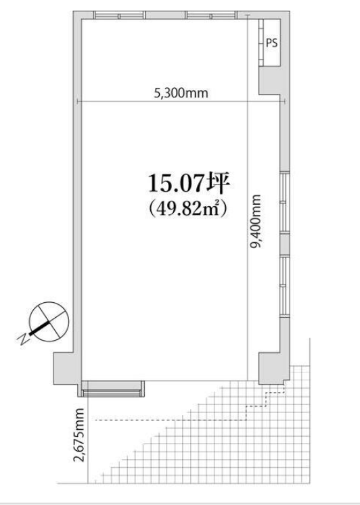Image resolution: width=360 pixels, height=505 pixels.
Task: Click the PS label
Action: coord(271,43)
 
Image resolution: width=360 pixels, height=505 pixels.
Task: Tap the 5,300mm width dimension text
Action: coord(181,93)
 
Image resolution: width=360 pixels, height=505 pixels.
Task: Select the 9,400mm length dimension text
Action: coord(256,221)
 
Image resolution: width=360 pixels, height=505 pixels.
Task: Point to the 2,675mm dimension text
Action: coord(78,435)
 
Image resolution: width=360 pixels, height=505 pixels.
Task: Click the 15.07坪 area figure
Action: coord(189,184)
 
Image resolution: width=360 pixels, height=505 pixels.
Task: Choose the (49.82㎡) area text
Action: coord(189,209)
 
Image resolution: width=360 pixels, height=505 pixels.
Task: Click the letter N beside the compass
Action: coord(22,339)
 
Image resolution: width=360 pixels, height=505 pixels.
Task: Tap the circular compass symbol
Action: coord(49,321)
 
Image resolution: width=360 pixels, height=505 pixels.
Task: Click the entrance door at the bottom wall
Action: coord(112,389)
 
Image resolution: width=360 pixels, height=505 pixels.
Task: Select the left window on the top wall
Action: coord(118,15)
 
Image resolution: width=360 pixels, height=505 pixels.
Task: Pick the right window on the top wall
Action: coord(210,15)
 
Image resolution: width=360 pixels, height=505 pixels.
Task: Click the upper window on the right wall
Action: coord(285,202)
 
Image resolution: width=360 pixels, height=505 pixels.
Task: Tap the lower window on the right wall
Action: coord(285,286)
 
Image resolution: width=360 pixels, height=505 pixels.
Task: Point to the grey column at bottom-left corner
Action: coord(66,367)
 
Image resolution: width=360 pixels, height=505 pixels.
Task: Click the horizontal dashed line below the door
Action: coord(171,420)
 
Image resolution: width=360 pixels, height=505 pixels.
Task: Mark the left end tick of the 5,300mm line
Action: coord(78,102)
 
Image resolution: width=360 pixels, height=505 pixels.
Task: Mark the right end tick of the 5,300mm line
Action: coord(285,102)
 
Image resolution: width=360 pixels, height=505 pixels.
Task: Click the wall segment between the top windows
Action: coord(165,15)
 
